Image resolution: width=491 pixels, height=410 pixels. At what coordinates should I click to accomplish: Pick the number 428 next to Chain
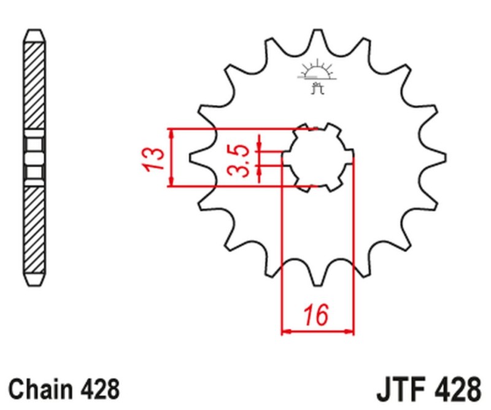[100, 389]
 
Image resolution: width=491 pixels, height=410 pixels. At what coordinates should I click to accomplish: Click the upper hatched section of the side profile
[34, 86]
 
